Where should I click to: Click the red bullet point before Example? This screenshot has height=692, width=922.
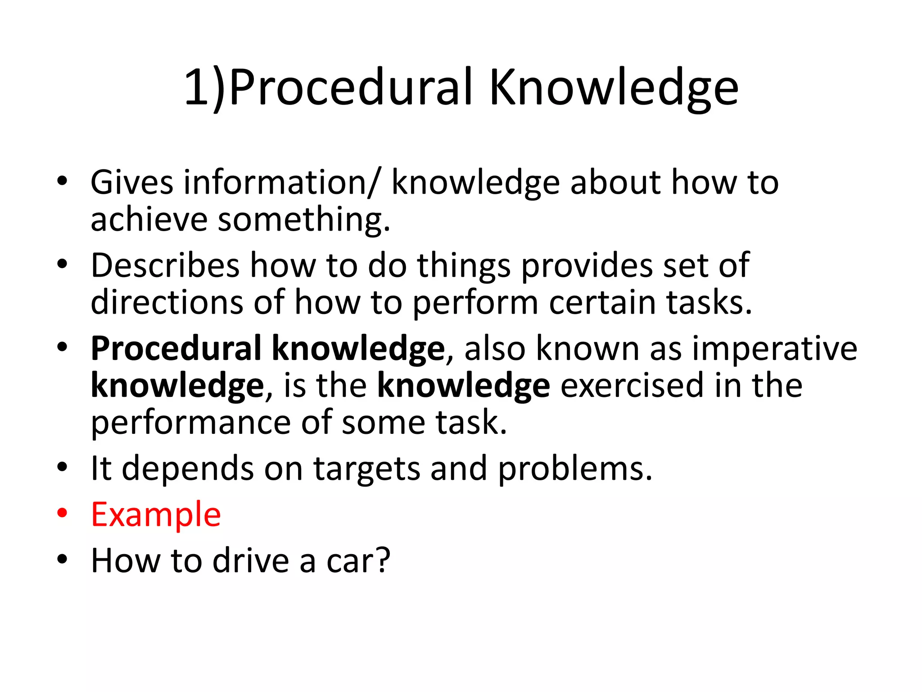62,513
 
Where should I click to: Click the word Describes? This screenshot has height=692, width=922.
165,265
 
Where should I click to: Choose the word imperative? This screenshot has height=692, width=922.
774,349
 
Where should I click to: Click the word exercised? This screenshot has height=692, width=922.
632,386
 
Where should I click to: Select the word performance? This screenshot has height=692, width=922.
191,423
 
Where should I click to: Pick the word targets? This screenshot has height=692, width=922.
366,469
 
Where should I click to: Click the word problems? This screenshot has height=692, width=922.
574,469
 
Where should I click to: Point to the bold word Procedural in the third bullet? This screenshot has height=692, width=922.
176,349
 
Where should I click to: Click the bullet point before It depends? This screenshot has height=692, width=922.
62,467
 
